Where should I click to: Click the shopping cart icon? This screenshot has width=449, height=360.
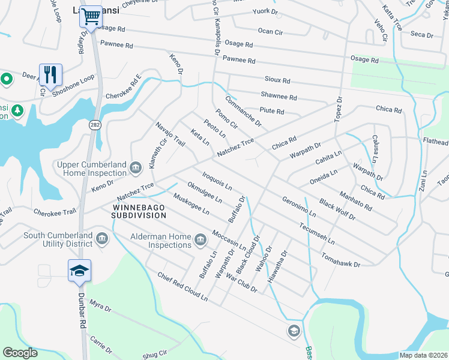point(91,17)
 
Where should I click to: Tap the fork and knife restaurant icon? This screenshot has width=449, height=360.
point(50,74)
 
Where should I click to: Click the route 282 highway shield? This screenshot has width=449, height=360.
point(94,124)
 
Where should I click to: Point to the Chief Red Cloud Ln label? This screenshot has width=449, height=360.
point(182,287)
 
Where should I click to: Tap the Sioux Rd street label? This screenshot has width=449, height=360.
point(277,80)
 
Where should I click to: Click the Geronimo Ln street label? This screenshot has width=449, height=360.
point(298,205)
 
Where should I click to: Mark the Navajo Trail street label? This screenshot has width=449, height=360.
point(170,133)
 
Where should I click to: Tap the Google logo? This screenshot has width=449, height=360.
point(20,353)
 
